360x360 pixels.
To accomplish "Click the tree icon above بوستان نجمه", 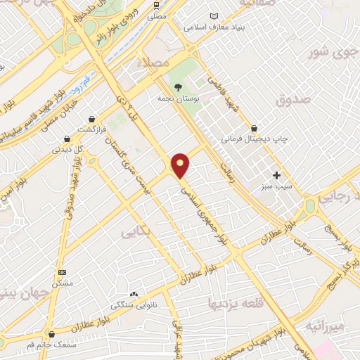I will (x=177, y=87).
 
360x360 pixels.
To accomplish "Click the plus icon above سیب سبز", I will (x=277, y=175).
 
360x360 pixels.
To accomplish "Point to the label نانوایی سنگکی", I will (x=114, y=306).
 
